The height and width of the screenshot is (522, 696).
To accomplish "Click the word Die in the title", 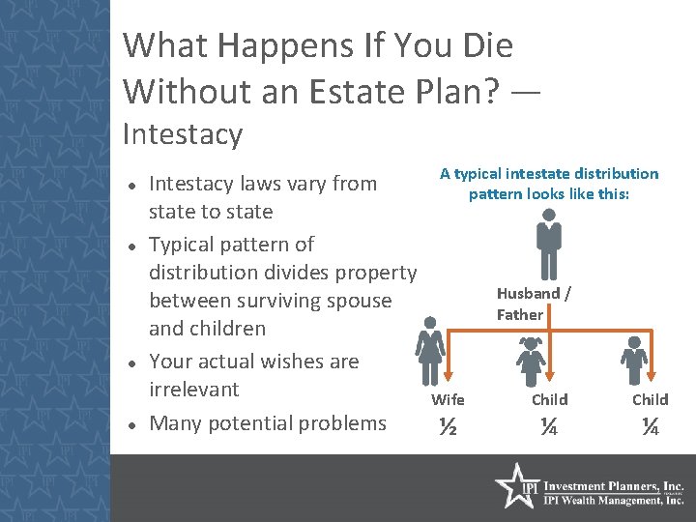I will [479, 45].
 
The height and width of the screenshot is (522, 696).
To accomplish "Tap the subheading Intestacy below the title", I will [183, 133].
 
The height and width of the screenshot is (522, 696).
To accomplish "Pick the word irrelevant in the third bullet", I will [193, 390].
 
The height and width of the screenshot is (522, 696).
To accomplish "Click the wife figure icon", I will [430, 350].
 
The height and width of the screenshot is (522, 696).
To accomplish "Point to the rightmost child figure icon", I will [635, 361].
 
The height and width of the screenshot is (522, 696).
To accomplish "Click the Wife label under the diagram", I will [448, 399].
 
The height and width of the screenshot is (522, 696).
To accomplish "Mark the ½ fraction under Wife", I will [448, 426].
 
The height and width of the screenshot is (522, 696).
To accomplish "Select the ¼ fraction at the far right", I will [650, 426].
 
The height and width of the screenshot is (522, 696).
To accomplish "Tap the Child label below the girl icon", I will [549, 399].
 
